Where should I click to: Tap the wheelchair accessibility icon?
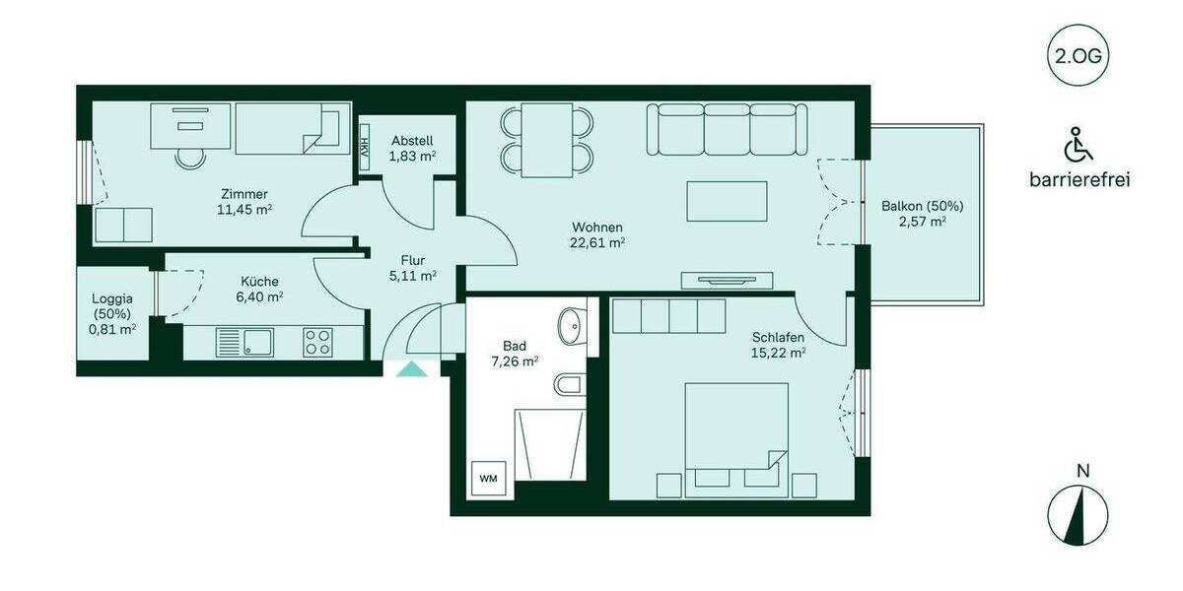tap(1079, 146)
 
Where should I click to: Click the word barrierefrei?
tap(1079, 180)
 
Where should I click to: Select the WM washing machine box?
tap(489, 478)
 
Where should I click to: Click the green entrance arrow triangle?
tap(411, 369)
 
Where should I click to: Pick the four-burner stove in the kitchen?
tap(317, 342)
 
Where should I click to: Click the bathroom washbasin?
tap(570, 326)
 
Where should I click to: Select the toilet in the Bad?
tap(571, 385)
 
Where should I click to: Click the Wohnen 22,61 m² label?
tap(597, 234)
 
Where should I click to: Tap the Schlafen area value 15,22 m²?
tap(778, 353)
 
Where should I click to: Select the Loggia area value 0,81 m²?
tap(112, 330)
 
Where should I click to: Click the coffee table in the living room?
tap(727, 201)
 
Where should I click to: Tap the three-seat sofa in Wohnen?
tap(728, 129)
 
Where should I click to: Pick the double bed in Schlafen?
tap(736, 431)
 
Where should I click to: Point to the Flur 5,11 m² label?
tap(412, 268)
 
